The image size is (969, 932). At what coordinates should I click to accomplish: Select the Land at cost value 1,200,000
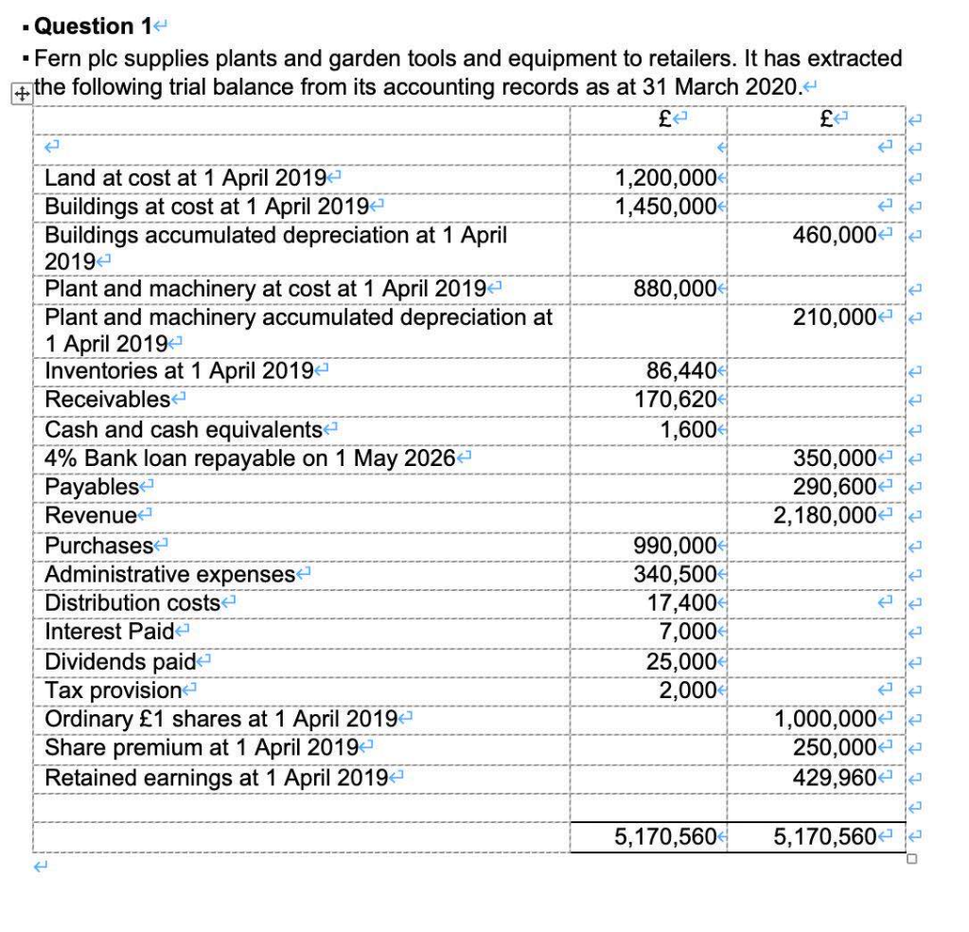pos(664,177)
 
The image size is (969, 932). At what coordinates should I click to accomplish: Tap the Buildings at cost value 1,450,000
pos(664,206)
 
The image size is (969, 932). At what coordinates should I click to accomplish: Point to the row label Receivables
pos(108,401)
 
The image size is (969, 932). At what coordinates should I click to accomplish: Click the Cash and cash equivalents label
pos(184,429)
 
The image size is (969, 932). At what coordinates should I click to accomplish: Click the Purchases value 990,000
pos(674,546)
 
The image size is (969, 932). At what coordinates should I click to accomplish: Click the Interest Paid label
pos(110,632)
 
